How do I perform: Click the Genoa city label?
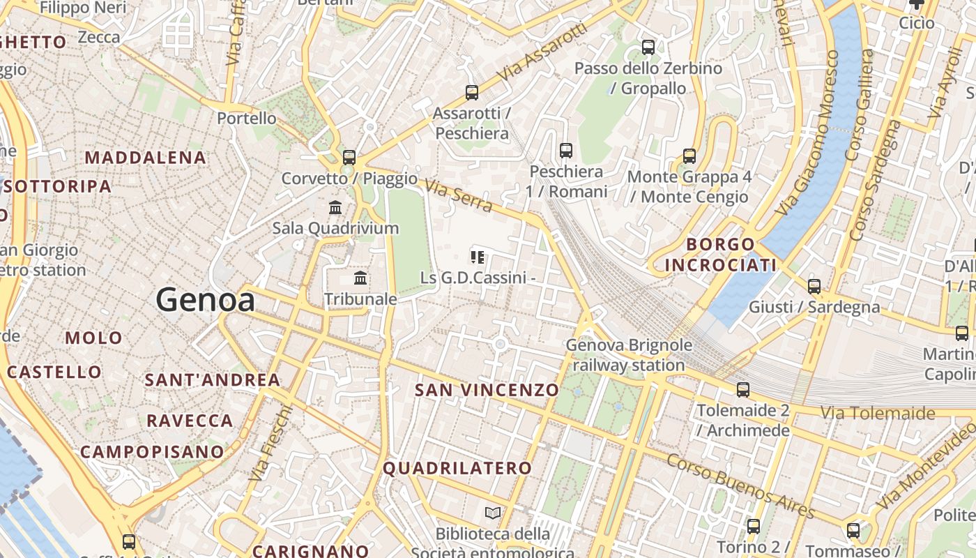[205, 300]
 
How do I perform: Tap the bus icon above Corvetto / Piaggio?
[349, 157]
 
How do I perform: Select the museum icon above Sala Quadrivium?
[335, 207]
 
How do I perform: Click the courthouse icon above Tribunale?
[360, 278]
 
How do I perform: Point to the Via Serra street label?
[459, 196]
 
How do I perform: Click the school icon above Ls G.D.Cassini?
[478, 257]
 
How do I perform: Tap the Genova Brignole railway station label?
[629, 354]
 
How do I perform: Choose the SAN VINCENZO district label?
[487, 390]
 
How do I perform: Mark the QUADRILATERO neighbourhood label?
[457, 468]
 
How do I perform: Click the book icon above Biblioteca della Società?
[493, 513]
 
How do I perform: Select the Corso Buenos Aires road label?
[740, 485]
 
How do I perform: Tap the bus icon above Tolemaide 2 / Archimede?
[743, 389]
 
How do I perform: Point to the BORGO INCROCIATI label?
[721, 255]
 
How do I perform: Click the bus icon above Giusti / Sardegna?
[814, 286]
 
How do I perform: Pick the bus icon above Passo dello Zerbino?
[648, 47]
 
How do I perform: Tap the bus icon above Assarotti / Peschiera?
[472, 92]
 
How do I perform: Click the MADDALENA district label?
[146, 158]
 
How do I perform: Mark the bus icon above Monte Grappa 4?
[689, 156]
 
